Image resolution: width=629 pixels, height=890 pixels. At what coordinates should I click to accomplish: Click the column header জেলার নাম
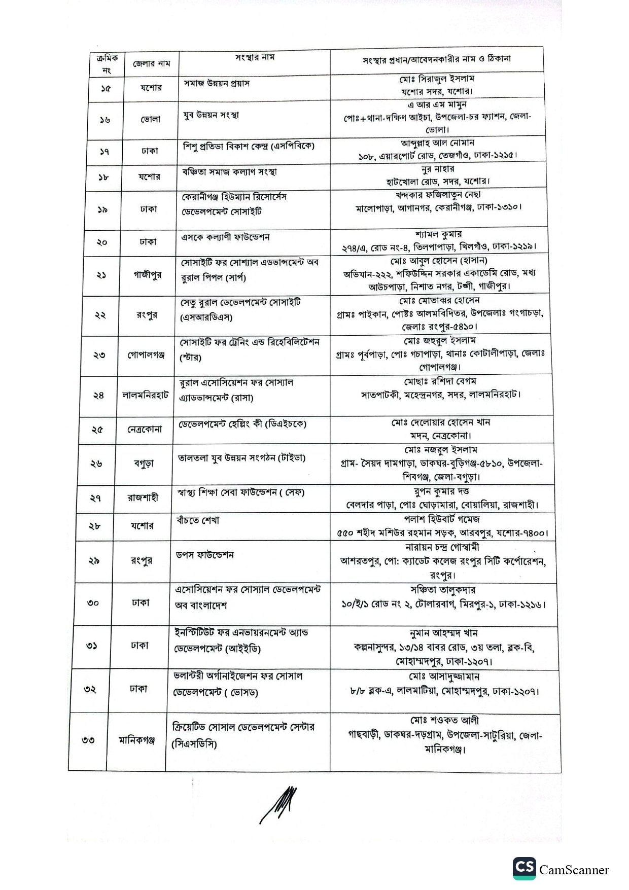[152, 64]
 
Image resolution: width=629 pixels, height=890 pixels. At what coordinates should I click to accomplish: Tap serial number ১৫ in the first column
[106, 88]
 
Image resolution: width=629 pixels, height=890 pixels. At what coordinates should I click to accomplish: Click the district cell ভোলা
[150, 120]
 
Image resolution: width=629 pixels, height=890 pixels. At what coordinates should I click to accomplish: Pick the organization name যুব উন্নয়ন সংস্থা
[211, 115]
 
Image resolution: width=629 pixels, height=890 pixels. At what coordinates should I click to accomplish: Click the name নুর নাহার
[437, 168]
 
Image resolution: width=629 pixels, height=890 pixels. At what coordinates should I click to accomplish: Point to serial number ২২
[100, 315]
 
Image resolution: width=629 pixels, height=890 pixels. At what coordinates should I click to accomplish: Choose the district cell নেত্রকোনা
[145, 429]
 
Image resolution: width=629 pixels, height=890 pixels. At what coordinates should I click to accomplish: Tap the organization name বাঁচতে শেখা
[198, 521]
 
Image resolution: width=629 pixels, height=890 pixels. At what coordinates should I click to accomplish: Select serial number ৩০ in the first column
[93, 603]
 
